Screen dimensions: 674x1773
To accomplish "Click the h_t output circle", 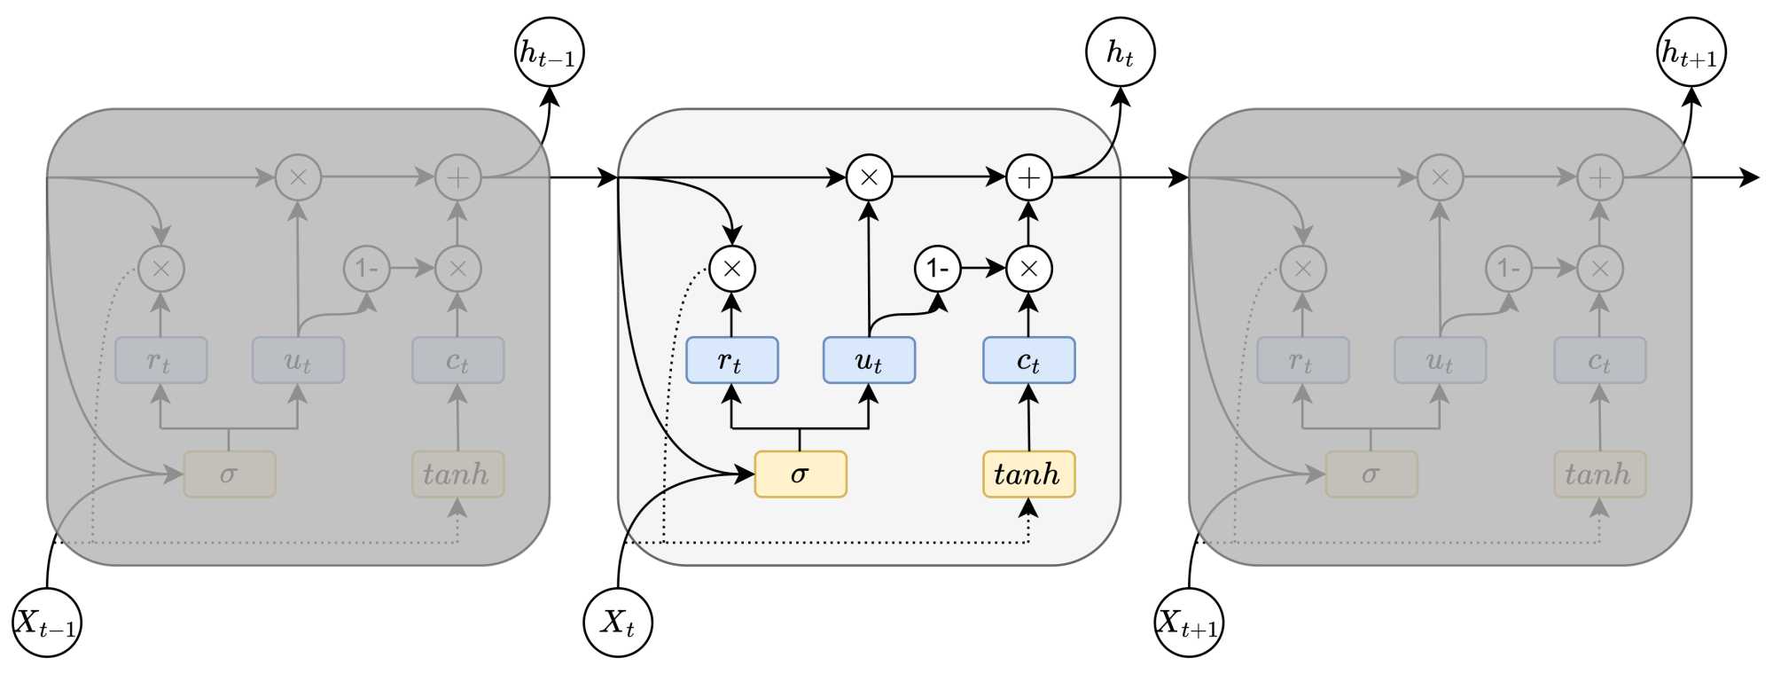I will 1121,52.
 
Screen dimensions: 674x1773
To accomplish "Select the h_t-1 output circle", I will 550,52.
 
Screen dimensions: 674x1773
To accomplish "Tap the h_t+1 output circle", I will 1691,52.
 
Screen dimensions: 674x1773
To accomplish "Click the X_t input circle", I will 618,623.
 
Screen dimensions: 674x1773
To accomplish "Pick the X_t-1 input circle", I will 47,623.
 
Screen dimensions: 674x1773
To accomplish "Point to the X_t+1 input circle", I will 1189,623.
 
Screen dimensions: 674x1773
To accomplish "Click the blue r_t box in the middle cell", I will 731,360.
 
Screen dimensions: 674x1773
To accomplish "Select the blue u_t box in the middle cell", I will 869,360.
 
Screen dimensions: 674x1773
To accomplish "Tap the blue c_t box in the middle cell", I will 1028,360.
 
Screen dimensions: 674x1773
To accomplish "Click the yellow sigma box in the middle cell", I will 800,474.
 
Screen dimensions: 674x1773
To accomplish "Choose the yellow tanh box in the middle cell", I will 1028,474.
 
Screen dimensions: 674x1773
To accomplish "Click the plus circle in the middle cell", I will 1028,177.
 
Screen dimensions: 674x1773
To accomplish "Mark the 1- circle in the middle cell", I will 937,268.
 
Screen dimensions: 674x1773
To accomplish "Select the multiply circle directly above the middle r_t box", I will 731,268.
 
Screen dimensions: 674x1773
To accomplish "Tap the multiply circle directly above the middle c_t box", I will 1028,268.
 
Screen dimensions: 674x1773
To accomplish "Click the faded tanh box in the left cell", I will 457,474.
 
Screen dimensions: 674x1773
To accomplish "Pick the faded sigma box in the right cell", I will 1371,474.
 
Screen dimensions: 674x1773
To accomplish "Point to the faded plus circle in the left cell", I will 457,177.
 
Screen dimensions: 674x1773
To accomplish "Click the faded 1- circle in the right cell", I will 1508,268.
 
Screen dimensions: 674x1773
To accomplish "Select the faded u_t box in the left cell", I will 298,360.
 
